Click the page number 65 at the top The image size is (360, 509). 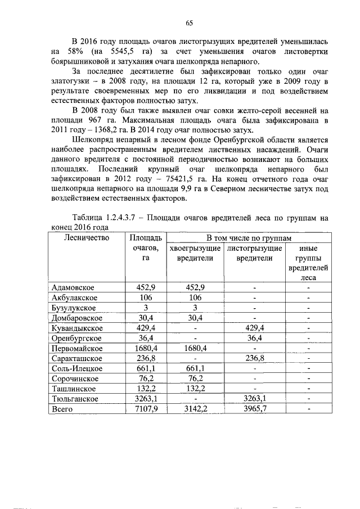pos(190,22)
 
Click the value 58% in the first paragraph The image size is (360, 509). pos(75,52)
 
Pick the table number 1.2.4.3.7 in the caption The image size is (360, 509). pos(130,217)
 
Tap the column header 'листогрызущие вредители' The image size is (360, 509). pos(254,253)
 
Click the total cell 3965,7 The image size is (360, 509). pos(254,409)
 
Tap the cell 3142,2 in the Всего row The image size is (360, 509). pos(194,409)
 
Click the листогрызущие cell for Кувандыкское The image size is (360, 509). pos(254,327)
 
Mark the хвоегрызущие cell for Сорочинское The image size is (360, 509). pos(194,379)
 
